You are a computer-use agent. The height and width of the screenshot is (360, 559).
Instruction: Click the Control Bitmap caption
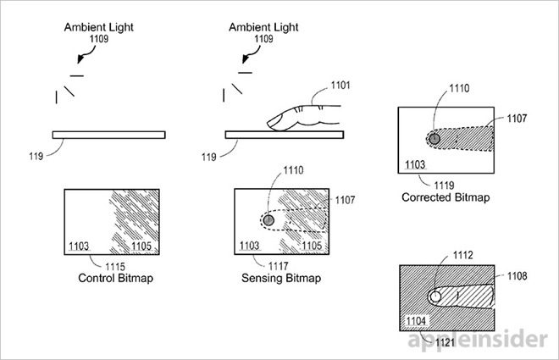[x=115, y=278]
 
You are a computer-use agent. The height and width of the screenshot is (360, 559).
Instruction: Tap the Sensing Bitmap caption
[x=281, y=278]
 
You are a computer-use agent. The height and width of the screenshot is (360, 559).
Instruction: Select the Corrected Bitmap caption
[x=446, y=197]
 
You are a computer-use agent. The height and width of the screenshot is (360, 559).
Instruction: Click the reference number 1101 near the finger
[x=340, y=86]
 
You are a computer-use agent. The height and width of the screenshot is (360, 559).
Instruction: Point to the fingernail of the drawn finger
[x=274, y=121]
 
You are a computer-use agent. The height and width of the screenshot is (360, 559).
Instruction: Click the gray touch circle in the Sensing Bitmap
[x=268, y=220]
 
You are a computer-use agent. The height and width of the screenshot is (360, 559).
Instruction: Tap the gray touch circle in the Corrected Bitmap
[x=434, y=138]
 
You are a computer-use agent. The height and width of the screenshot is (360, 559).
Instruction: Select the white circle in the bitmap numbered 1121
[x=435, y=296]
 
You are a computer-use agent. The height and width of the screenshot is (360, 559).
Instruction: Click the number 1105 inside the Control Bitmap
[x=141, y=246]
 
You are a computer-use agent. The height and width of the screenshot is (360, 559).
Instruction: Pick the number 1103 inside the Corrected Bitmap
[x=415, y=164]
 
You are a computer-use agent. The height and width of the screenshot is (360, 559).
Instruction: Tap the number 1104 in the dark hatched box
[x=416, y=321]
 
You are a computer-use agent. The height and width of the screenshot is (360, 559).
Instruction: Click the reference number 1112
[x=462, y=255]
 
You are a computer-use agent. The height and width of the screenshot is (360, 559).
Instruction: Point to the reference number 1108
[x=517, y=276]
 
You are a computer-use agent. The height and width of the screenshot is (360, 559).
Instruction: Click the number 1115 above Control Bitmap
[x=115, y=267]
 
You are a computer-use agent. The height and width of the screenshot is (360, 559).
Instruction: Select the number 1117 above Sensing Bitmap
[x=278, y=266]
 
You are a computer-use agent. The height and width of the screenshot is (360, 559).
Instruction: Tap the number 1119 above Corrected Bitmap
[x=444, y=186]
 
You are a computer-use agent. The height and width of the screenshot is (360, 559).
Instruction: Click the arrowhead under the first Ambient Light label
[x=80, y=58]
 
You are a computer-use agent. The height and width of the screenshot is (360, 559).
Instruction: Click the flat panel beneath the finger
[x=285, y=135]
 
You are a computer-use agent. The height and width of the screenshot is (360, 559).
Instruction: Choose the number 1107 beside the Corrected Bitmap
[x=517, y=119]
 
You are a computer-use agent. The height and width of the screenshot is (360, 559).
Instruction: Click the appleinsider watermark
[x=478, y=340]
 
